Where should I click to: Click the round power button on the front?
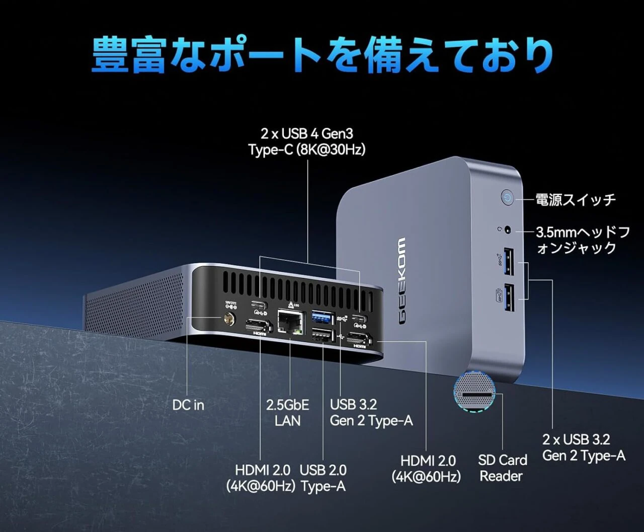[x=507, y=198]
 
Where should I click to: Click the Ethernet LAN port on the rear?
[x=290, y=321]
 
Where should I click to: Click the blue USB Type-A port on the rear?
[x=323, y=317]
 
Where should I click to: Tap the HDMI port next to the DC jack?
[x=259, y=328]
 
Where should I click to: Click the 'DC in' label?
[x=188, y=405]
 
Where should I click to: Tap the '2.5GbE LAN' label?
[x=287, y=413]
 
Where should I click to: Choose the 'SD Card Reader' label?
[x=502, y=468]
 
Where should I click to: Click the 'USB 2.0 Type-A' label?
[x=323, y=478]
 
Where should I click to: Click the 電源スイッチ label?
[x=576, y=200]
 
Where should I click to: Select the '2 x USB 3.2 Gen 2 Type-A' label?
[x=584, y=447]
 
